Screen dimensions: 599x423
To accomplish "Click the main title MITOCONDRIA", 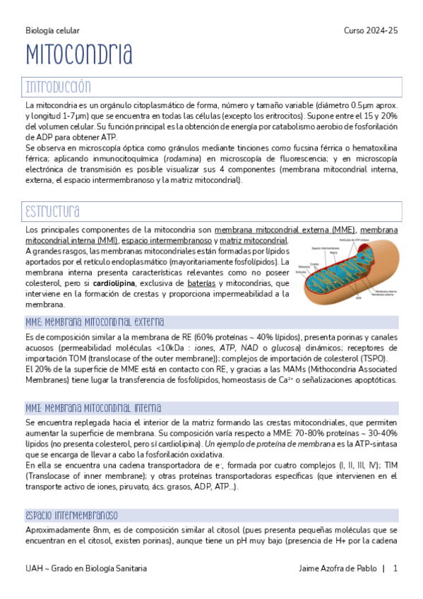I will click(79, 54).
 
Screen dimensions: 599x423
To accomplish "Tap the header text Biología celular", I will click(52, 31).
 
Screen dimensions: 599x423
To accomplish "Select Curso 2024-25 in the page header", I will click(371, 31).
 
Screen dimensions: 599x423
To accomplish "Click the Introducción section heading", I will click(59, 87).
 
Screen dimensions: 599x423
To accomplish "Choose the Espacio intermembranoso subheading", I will click(71, 515).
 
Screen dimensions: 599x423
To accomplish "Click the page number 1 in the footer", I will click(395, 569).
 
